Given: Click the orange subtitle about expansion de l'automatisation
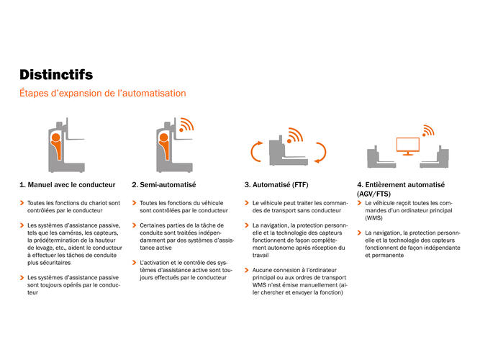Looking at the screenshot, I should click(x=102, y=94).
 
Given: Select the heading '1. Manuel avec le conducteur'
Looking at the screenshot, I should click(x=67, y=185).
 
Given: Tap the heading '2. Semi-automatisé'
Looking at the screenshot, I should click(x=163, y=185).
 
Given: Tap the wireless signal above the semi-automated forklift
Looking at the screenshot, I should click(x=186, y=126).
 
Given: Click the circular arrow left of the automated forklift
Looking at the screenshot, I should click(x=257, y=152).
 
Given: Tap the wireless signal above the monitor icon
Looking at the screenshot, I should click(x=429, y=130).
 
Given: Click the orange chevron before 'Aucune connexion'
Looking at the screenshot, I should click(x=246, y=269).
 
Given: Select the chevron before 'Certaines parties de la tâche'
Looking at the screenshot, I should click(x=134, y=225).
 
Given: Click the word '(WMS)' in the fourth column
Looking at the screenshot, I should click(x=374, y=217).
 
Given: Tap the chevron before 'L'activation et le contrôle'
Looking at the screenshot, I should click(x=134, y=262).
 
